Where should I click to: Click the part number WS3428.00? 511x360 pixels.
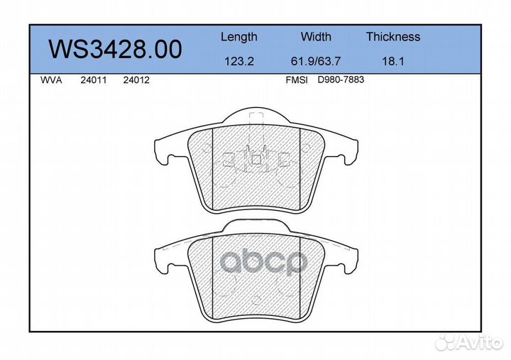pyautogui.click(x=115, y=50)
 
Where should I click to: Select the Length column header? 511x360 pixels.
pyautogui.click(x=239, y=37)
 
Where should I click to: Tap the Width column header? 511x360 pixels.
pyautogui.click(x=316, y=36)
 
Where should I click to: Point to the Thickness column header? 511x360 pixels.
pyautogui.click(x=393, y=36)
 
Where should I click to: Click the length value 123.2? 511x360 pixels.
pyautogui.click(x=239, y=61)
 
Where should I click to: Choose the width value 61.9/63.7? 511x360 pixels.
pyautogui.click(x=316, y=61)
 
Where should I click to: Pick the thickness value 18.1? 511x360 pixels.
pyautogui.click(x=393, y=61)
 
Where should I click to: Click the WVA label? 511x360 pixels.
pyautogui.click(x=51, y=80)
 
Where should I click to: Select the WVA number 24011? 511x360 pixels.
pyautogui.click(x=94, y=80)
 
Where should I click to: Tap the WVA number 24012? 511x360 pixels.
pyautogui.click(x=136, y=80)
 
